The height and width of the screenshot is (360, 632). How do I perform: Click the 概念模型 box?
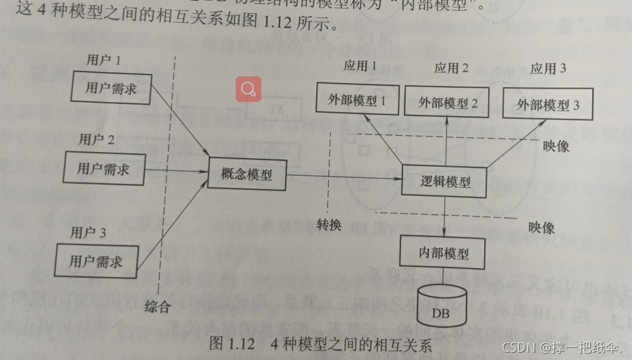[247, 174]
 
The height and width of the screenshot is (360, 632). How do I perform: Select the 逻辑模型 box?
[445, 181]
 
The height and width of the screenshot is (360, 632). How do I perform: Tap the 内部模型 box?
[443, 253]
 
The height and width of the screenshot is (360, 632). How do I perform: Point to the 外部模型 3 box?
[548, 105]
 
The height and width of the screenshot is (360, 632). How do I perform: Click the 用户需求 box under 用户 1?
[111, 88]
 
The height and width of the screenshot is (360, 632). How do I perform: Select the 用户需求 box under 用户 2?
[103, 168]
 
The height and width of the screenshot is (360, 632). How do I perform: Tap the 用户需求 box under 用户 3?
[96, 261]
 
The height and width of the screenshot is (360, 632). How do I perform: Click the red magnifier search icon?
[248, 88]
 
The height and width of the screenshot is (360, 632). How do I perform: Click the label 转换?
[329, 224]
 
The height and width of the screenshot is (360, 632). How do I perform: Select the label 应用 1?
[360, 68]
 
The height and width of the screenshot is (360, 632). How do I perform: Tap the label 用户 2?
[97, 140]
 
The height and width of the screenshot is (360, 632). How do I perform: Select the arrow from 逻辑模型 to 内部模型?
[445, 217]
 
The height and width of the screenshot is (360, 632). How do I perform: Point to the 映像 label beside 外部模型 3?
[556, 145]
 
